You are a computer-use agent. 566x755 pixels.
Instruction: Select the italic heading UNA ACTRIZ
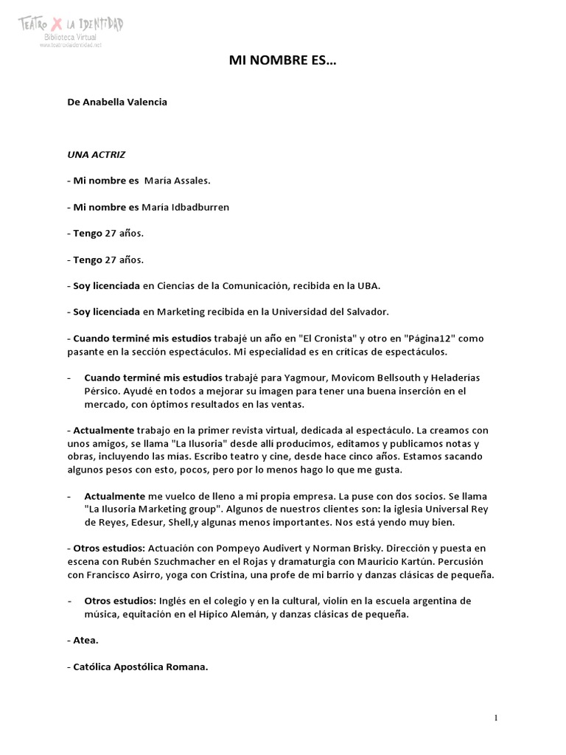(96, 156)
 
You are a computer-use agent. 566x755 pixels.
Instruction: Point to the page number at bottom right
(496, 717)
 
